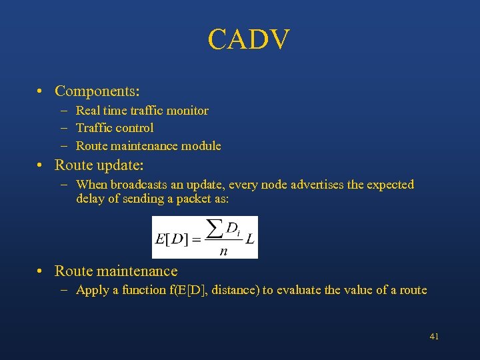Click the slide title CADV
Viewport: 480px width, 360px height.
pyautogui.click(x=249, y=40)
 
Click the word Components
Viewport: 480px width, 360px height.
pyautogui.click(x=95, y=91)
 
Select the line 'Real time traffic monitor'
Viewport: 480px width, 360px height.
pyautogui.click(x=142, y=111)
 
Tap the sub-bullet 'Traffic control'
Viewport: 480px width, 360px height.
pyautogui.click(x=115, y=128)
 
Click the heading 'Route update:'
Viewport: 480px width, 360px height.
pyautogui.click(x=99, y=165)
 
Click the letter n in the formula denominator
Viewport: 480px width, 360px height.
pyautogui.click(x=223, y=251)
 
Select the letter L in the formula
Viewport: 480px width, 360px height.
pyautogui.click(x=250, y=238)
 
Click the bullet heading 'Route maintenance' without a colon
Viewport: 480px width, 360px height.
pyautogui.click(x=116, y=271)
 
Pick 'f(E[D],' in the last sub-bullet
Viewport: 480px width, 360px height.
pyautogui.click(x=189, y=290)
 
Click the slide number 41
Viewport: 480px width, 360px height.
pyautogui.click(x=434, y=337)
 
